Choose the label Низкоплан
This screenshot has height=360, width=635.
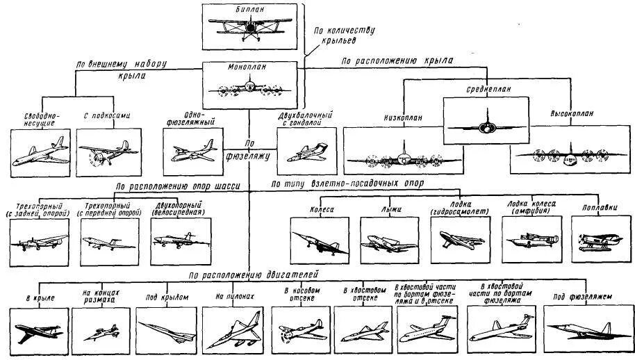pos(402,117)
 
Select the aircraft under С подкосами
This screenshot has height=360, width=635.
pos(104,153)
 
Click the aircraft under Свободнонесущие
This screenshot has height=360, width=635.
pos(40,153)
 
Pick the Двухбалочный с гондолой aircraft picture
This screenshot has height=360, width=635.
pos(306,151)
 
